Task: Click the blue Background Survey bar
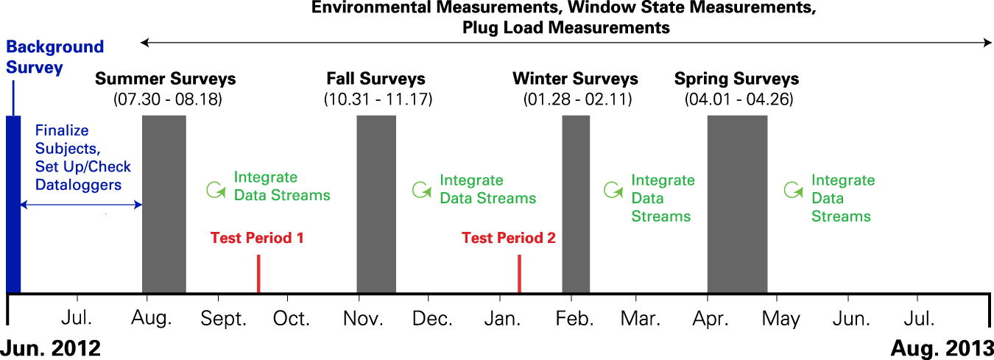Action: tap(13, 204)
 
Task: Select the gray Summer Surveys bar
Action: tap(164, 204)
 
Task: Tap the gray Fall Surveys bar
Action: tap(376, 204)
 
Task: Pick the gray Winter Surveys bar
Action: tap(576, 204)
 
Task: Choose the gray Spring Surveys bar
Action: tap(738, 204)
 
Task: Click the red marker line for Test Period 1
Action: tap(258, 274)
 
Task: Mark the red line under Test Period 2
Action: tap(519, 274)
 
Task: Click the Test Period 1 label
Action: tap(257, 238)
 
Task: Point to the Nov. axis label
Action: tap(363, 319)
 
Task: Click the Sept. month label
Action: tap(223, 319)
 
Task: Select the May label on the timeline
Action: tap(781, 319)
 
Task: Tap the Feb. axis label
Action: tap(574, 319)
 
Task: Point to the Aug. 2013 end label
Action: tap(942, 348)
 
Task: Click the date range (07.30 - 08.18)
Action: tap(168, 99)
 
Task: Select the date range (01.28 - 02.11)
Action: tap(578, 99)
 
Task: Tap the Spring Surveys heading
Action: tap(736, 79)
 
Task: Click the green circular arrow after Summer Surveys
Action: tap(216, 190)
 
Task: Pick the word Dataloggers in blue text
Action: tap(78, 185)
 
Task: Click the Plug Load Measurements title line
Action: tap(566, 27)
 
